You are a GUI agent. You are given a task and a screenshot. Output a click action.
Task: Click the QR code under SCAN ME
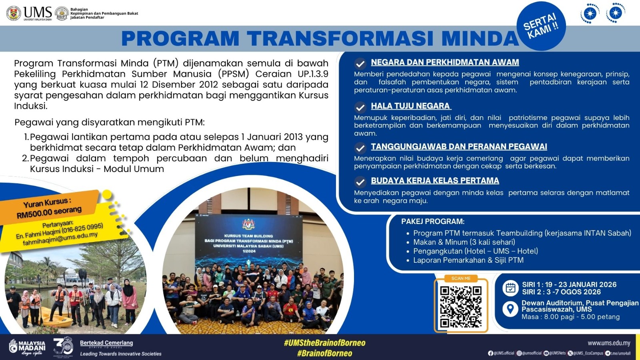pyautogui.click(x=461, y=307)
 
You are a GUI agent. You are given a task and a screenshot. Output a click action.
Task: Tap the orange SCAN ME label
pyautogui.click(x=461, y=278)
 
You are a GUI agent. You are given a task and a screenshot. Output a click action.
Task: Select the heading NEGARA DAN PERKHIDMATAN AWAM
pyautogui.click(x=445, y=62)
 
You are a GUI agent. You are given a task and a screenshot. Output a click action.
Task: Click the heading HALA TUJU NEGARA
pyautogui.click(x=410, y=106)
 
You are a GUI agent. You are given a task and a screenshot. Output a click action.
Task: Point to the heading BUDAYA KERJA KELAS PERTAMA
pyautogui.click(x=435, y=181)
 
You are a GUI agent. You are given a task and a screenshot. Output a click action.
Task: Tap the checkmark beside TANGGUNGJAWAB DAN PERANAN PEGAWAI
pyautogui.click(x=360, y=148)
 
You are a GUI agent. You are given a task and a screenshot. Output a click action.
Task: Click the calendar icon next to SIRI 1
pyautogui.click(x=510, y=288)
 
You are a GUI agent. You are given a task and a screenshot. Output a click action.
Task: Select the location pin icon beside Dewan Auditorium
pyautogui.click(x=510, y=309)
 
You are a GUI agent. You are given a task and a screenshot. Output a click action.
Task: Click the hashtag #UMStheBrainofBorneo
pyautogui.click(x=324, y=343)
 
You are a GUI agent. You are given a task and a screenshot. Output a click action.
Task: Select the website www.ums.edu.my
pyautogui.click(x=609, y=343)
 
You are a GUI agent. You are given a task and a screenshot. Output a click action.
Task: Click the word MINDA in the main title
pyautogui.click(x=480, y=39)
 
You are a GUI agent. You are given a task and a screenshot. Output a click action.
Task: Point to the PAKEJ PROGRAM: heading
pyautogui.click(x=433, y=222)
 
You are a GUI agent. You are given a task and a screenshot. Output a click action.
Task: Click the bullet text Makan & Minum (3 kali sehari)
pyautogui.click(x=464, y=242)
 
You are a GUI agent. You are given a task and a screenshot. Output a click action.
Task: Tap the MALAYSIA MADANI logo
pyautogui.click(x=27, y=346)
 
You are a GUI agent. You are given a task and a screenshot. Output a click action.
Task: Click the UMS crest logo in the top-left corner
pyautogui.click(x=14, y=13)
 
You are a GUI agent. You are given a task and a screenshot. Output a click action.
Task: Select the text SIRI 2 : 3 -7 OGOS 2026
pyautogui.click(x=561, y=292)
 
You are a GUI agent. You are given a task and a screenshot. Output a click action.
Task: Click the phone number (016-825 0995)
pyautogui.click(x=82, y=228)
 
